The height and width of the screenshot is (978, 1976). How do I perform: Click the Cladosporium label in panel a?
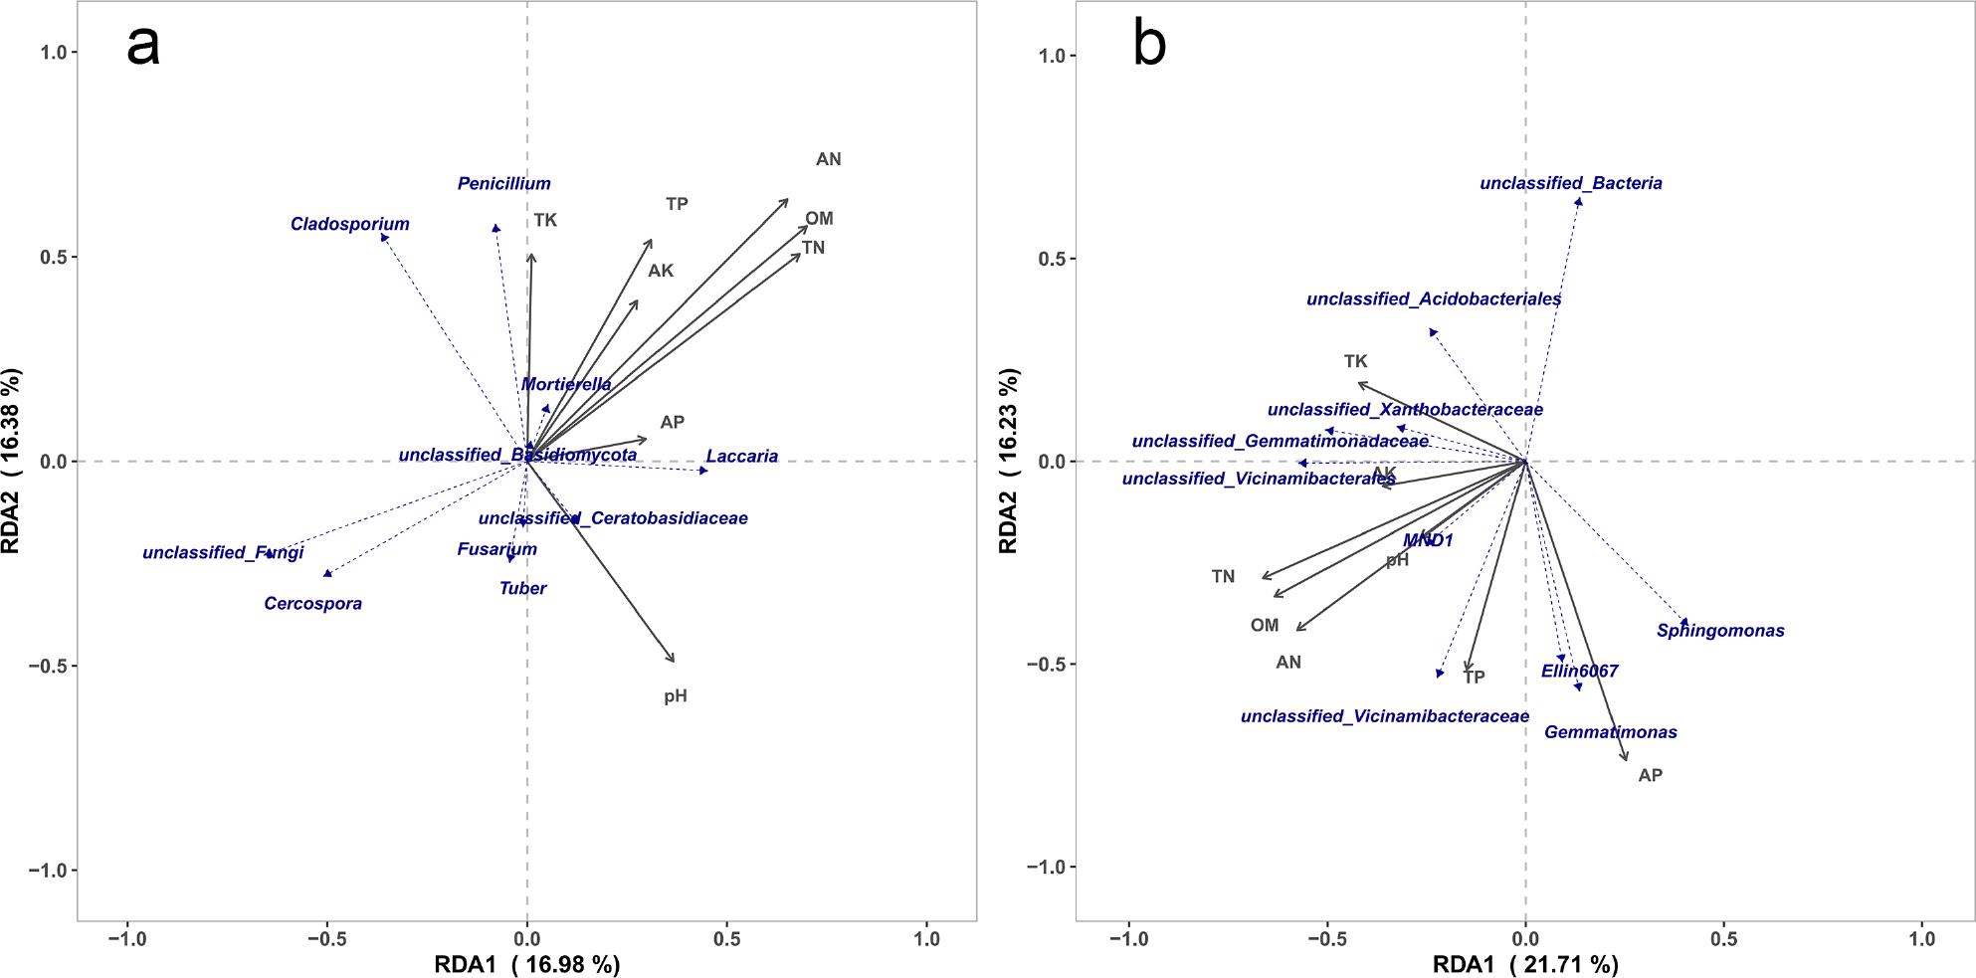click(349, 225)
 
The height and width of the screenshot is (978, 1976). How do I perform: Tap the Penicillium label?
click(503, 184)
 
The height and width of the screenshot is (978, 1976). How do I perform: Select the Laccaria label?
click(741, 457)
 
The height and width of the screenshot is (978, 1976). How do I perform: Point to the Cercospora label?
click(312, 604)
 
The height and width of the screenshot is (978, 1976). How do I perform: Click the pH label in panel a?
click(676, 696)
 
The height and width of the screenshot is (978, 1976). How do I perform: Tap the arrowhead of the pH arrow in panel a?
click(674, 661)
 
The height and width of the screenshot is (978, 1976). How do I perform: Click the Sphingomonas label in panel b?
click(1720, 631)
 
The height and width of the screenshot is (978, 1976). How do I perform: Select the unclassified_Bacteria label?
click(1570, 183)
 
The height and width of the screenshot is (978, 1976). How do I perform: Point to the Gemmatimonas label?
click(1610, 732)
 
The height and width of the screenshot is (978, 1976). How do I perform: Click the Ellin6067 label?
click(1579, 672)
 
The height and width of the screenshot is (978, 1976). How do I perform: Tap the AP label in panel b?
click(1650, 775)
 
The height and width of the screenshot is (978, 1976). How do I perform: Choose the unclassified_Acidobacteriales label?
click(1433, 298)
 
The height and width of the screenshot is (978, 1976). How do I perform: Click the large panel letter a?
click(143, 46)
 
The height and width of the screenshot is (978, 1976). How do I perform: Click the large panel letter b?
click(1149, 46)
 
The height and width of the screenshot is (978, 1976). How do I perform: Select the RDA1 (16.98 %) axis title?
click(526, 964)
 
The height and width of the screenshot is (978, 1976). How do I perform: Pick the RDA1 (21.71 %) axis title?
click(1524, 964)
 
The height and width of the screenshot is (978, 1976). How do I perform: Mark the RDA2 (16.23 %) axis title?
click(1009, 461)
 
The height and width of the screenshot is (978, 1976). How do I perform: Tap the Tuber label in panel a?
click(522, 589)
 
